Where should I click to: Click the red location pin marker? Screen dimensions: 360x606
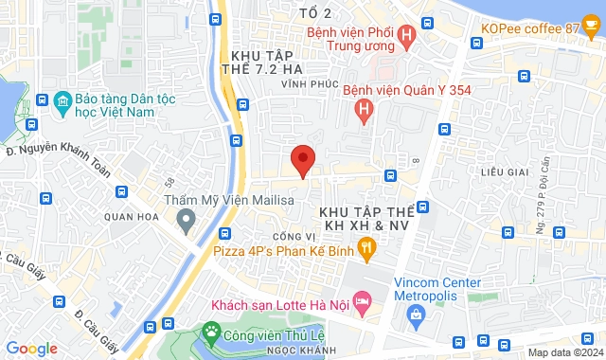[x=302, y=159]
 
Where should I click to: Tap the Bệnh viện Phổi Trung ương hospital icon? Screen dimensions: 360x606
[x=407, y=39]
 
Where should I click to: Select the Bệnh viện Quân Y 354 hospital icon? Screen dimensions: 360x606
[x=363, y=112]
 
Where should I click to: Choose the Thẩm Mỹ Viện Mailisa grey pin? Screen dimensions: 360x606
[x=187, y=221]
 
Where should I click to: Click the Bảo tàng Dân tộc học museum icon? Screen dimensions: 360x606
[x=62, y=100]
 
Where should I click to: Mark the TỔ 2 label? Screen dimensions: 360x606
[x=314, y=13]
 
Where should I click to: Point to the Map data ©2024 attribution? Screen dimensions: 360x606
[x=564, y=352]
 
